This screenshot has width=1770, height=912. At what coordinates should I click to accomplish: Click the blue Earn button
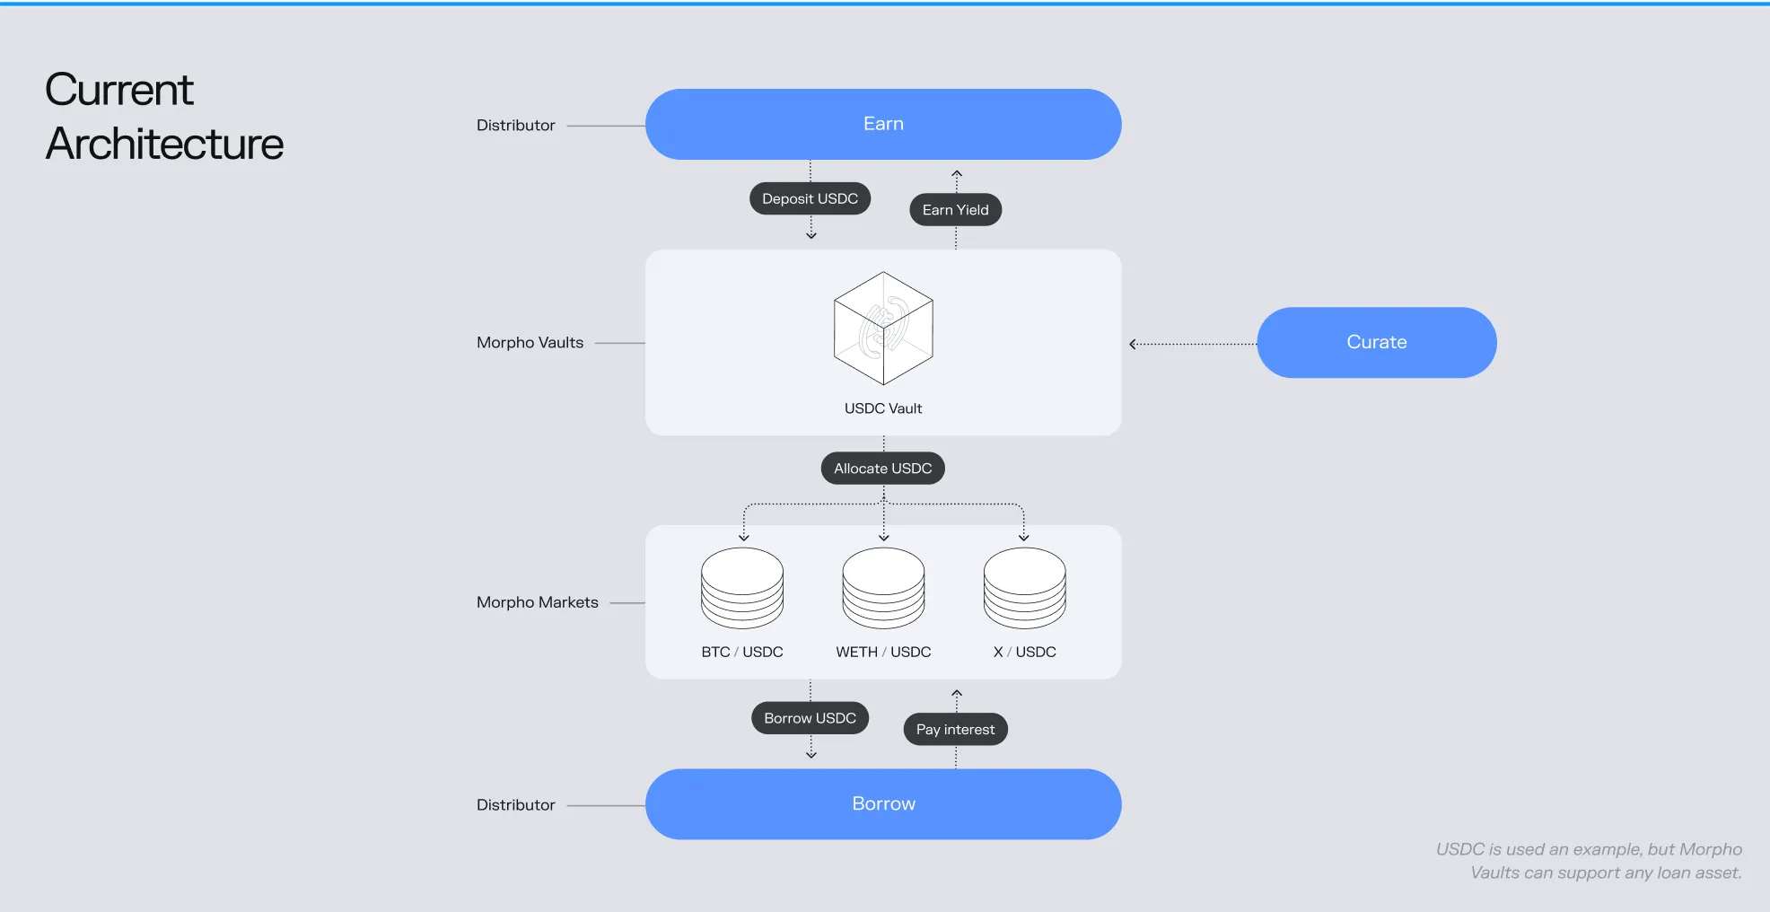[883, 124]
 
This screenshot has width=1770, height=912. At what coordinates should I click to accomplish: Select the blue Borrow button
[883, 803]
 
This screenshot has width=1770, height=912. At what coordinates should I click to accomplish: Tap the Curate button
[1376, 342]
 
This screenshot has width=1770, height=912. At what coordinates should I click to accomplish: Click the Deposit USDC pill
[810, 198]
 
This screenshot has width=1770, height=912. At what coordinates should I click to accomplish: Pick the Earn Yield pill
[955, 210]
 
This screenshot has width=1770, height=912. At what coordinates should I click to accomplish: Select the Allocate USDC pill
[882, 469]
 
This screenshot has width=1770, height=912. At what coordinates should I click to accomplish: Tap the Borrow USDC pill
[810, 718]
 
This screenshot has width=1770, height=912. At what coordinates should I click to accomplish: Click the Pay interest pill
[955, 730]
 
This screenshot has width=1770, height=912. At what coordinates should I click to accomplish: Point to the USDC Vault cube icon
[883, 329]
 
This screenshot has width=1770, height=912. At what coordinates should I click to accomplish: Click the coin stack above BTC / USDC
[742, 588]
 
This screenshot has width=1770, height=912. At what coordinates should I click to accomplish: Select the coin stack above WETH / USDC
[883, 588]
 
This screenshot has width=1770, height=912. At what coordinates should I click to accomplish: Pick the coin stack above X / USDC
[1024, 588]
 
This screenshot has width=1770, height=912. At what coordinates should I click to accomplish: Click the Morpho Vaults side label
[530, 343]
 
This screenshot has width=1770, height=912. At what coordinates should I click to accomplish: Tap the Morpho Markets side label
[537, 602]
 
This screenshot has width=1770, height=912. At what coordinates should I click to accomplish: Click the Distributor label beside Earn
[515, 126]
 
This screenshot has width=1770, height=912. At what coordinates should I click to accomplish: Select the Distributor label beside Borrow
[515, 805]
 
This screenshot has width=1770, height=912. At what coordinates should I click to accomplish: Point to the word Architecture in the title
[164, 145]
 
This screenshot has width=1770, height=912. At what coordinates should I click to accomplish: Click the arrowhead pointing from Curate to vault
[1134, 344]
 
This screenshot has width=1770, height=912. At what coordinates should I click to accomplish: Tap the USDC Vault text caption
[883, 408]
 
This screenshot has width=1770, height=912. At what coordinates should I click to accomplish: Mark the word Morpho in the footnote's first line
[1710, 849]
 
